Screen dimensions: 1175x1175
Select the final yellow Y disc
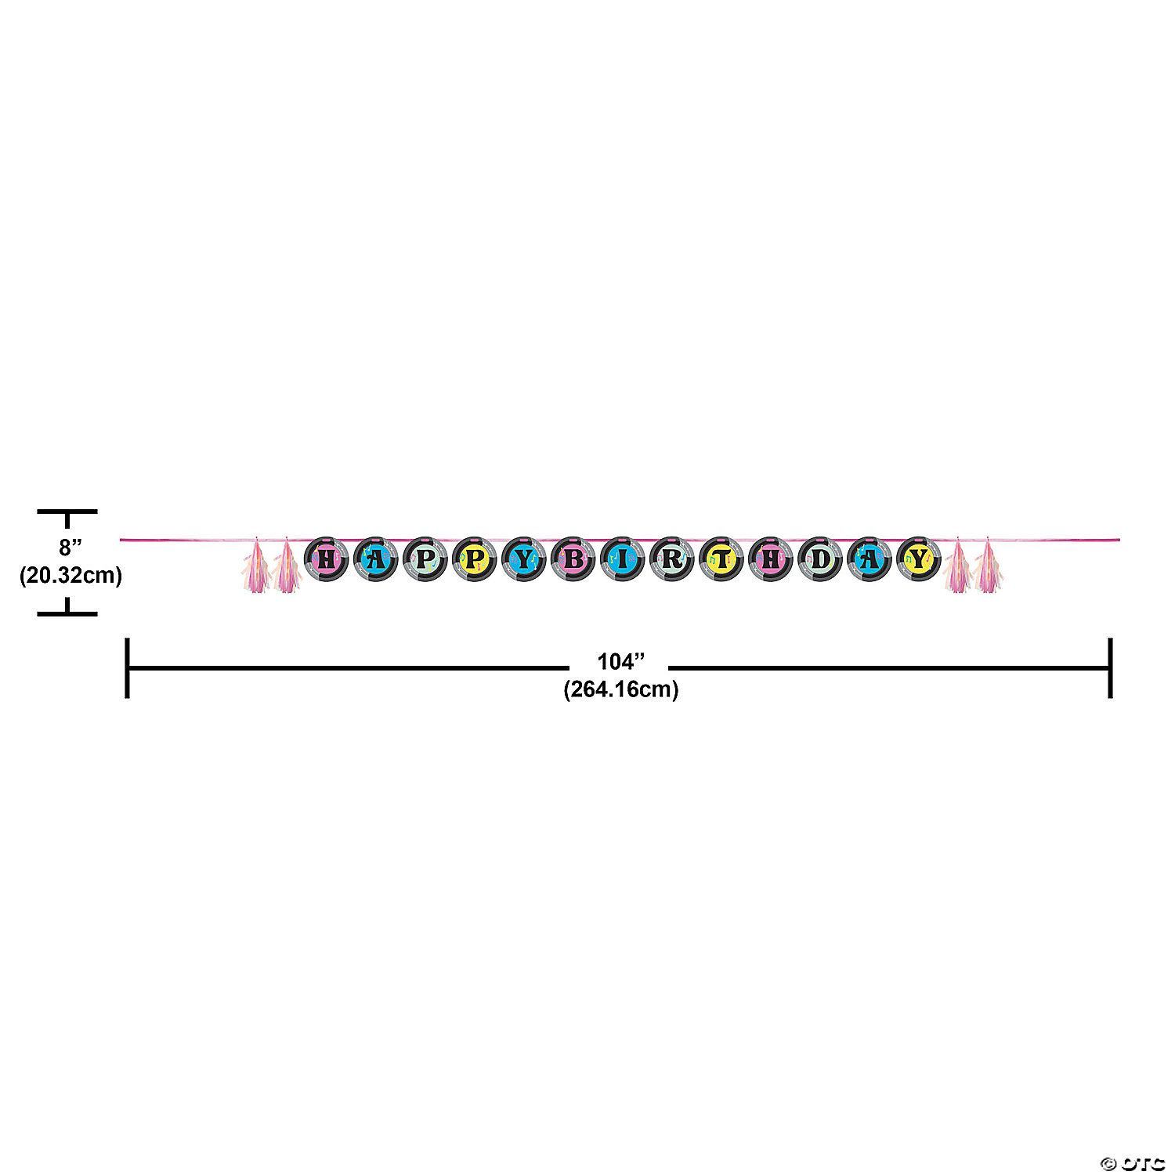(920, 559)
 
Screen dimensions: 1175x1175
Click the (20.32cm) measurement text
(70, 576)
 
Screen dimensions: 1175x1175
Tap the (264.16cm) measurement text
(620, 690)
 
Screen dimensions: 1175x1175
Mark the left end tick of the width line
(127, 667)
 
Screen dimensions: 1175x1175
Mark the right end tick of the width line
(1110, 667)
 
